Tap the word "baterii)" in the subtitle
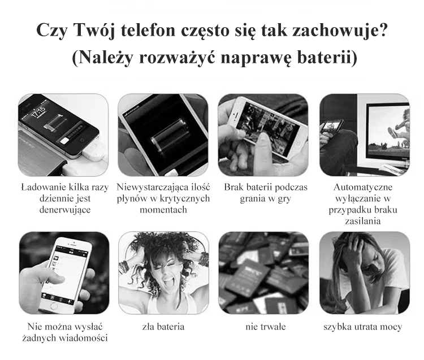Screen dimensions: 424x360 [327, 57]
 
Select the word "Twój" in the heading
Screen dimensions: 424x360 [93, 31]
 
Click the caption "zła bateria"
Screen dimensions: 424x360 [163, 327]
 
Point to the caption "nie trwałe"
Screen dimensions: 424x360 [265, 327]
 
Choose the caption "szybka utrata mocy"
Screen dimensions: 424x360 [362, 327]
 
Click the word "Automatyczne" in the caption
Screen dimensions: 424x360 [363, 187]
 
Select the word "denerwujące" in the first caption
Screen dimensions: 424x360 [65, 210]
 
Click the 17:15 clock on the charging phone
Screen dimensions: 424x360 [38, 112]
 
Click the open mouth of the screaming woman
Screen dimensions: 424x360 [168, 284]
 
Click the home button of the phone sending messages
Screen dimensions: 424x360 [54, 306]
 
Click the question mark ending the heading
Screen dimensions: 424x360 [383, 30]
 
